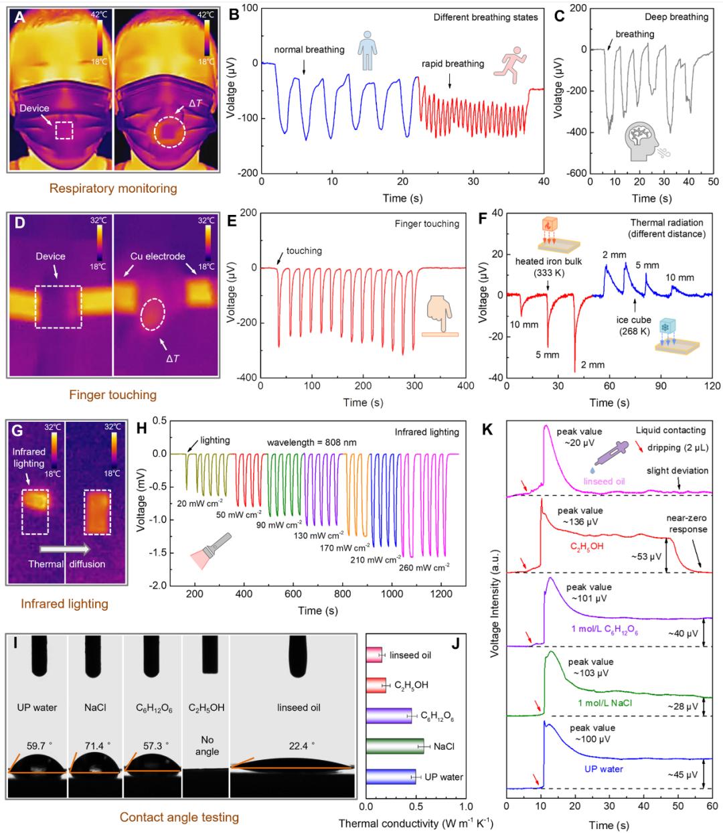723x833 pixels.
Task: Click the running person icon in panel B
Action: click(510, 65)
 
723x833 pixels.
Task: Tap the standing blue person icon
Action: click(368, 50)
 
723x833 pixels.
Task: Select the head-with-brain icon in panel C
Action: click(646, 142)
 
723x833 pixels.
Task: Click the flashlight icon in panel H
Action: click(211, 551)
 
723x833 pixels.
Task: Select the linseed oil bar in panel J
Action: click(374, 655)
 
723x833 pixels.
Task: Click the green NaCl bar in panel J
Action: click(395, 746)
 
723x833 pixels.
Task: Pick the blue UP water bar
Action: click(390, 776)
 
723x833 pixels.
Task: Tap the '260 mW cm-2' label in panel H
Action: click(424, 566)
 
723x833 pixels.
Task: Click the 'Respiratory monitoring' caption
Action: click(113, 188)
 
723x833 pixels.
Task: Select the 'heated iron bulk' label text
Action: click(548, 261)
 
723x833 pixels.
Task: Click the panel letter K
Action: click(487, 429)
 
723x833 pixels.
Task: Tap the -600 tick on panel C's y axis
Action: click(577, 173)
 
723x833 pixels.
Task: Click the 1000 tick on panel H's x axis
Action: click(392, 594)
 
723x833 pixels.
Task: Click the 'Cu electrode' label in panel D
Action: click(157, 256)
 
